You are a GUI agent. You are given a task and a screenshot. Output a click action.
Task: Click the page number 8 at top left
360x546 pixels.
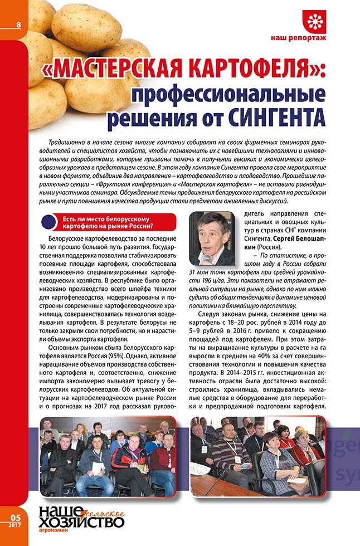click(x=18, y=25)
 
